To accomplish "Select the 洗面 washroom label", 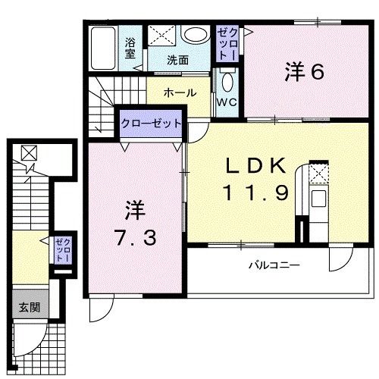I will click(x=179, y=59).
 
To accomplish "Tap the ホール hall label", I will click(x=180, y=92).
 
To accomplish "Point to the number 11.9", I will click(x=255, y=193).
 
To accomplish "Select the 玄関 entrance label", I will click(x=30, y=308).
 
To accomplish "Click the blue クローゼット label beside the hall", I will click(x=152, y=123).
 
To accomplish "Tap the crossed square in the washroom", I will click(x=161, y=34).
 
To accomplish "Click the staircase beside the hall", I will click(x=100, y=110).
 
